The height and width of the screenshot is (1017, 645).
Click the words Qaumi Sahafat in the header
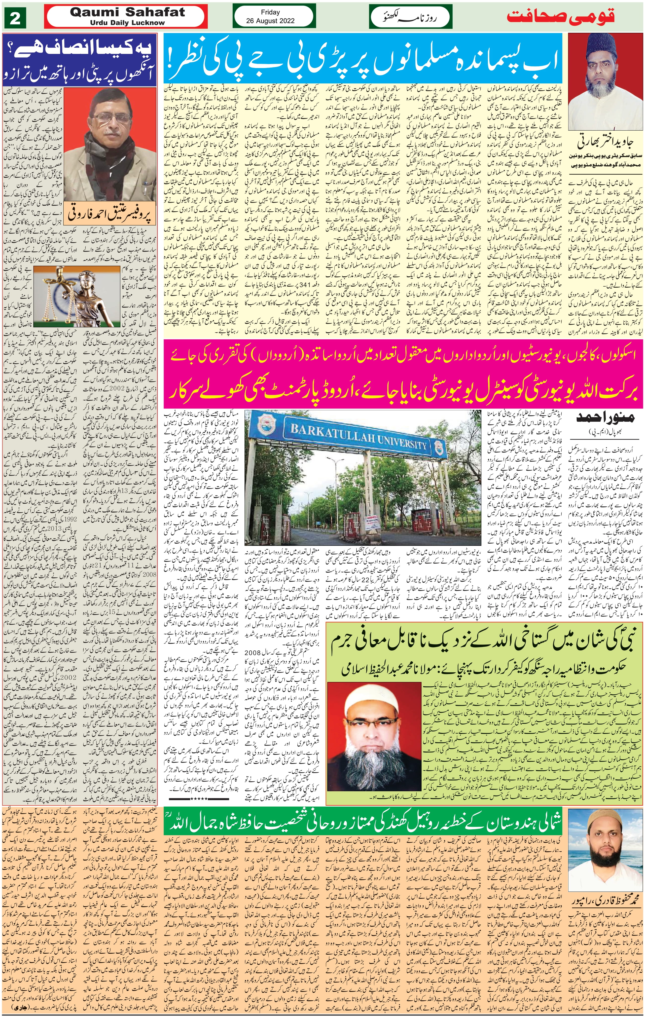tap(127, 12)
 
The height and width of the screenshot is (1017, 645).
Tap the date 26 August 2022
tap(270, 21)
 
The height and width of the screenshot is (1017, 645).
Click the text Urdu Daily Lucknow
tap(127, 22)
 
